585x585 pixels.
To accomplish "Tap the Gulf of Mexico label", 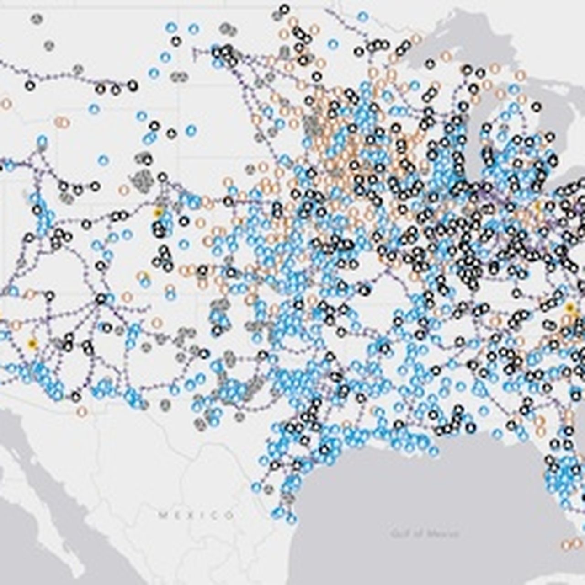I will [425, 533].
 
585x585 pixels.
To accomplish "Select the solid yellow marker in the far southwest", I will [32, 344].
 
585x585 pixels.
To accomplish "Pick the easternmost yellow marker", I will [569, 308].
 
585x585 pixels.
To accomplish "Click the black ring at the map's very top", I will [284, 9].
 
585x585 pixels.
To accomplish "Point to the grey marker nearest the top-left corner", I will [37, 19].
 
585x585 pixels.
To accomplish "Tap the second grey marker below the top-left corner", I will [49, 45].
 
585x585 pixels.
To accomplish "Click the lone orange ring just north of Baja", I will [82, 412].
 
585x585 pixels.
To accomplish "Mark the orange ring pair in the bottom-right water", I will [569, 544].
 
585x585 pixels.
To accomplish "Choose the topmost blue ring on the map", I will [363, 17].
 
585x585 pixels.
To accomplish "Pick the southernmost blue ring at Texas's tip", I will [291, 519].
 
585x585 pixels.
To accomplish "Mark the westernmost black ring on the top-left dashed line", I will [30, 85].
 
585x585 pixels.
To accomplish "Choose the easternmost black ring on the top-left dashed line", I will [133, 85].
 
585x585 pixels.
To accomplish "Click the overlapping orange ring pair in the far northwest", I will [62, 122].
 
